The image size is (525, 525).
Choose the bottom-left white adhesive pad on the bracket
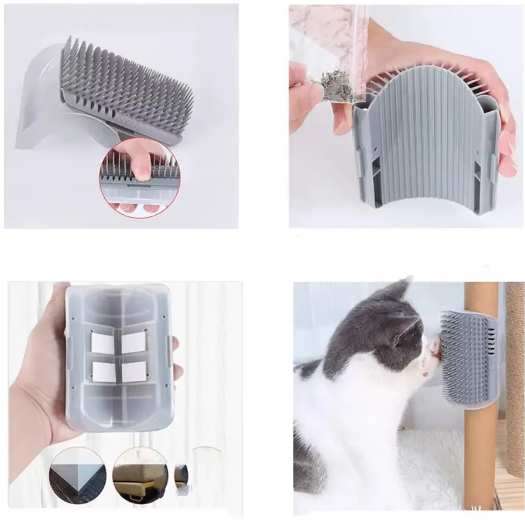pos(102,371)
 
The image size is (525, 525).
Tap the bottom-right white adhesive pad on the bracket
pos(132,371)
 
